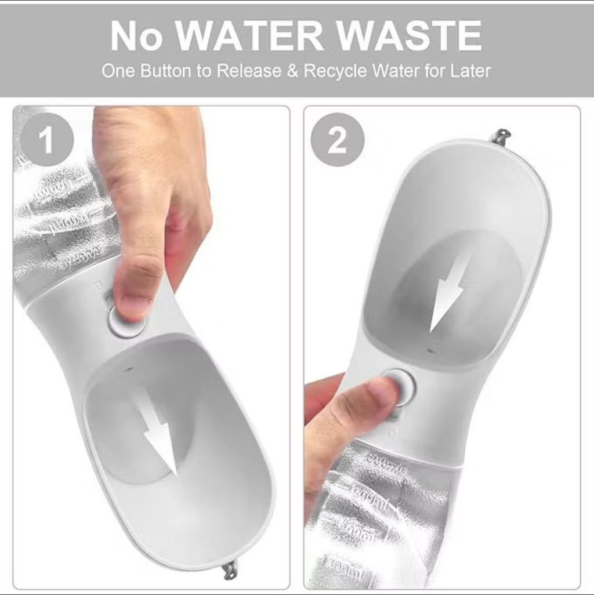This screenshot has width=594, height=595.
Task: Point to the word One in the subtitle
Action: click(x=118, y=71)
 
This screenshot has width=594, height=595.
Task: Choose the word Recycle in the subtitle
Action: click(x=335, y=71)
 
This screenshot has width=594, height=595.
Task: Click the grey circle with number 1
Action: click(x=46, y=141)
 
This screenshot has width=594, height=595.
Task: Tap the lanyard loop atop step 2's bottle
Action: click(x=499, y=137)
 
